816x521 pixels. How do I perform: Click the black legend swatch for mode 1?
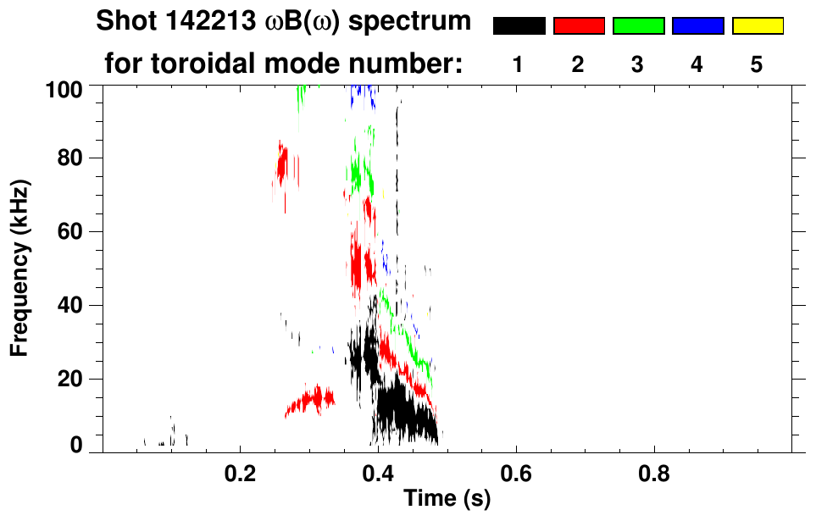click(x=519, y=26)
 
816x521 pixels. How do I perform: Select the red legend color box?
click(x=579, y=26)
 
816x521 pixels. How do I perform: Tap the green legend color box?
click(x=638, y=26)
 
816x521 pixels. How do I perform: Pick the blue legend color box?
click(x=697, y=26)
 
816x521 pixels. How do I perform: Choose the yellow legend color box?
click(x=757, y=26)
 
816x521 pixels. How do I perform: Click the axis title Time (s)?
click(x=446, y=500)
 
